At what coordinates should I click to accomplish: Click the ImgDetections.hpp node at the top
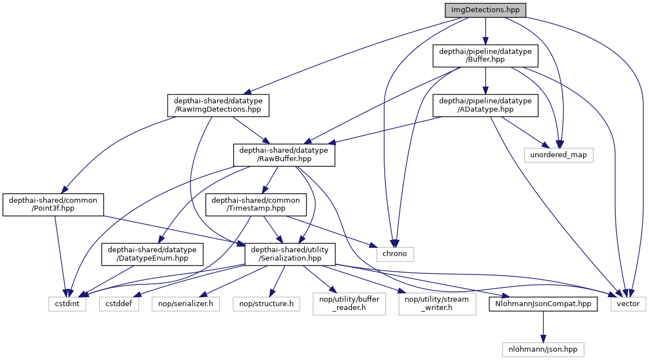pos(485,11)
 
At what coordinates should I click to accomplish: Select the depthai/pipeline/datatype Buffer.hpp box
pos(485,56)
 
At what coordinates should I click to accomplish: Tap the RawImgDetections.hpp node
pos(218,106)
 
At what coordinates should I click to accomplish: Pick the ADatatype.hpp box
pos(485,106)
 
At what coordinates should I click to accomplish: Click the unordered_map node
pos(559,154)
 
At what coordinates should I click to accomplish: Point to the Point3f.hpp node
pos(53,204)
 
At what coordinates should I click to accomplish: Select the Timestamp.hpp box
pos(256,204)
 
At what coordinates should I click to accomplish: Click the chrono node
pos(395,254)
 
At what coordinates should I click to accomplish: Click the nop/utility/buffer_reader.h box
pos(349,304)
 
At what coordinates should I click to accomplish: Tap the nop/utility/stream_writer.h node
pos(437,304)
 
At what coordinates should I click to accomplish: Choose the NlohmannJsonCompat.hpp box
pos(543,304)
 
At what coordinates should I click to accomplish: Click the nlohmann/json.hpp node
pos(543,349)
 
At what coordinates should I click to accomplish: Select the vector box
pos(628,304)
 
